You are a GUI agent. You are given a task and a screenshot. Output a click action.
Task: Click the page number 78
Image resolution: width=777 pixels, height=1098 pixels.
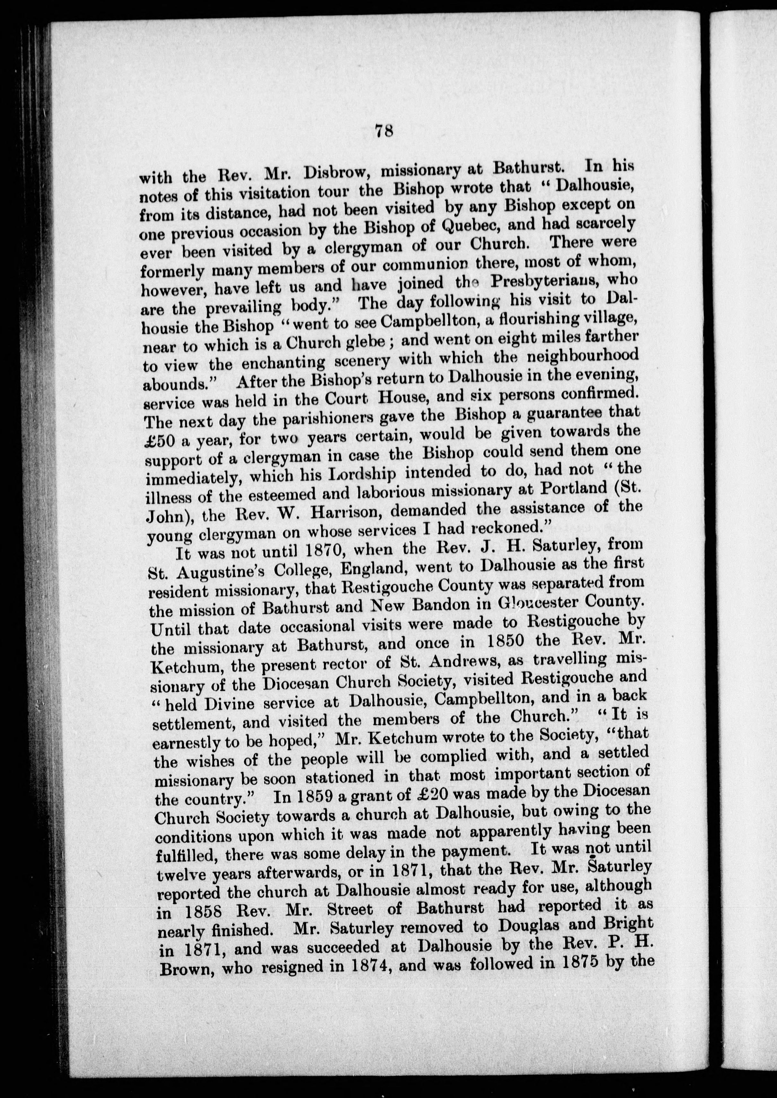click(384, 130)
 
